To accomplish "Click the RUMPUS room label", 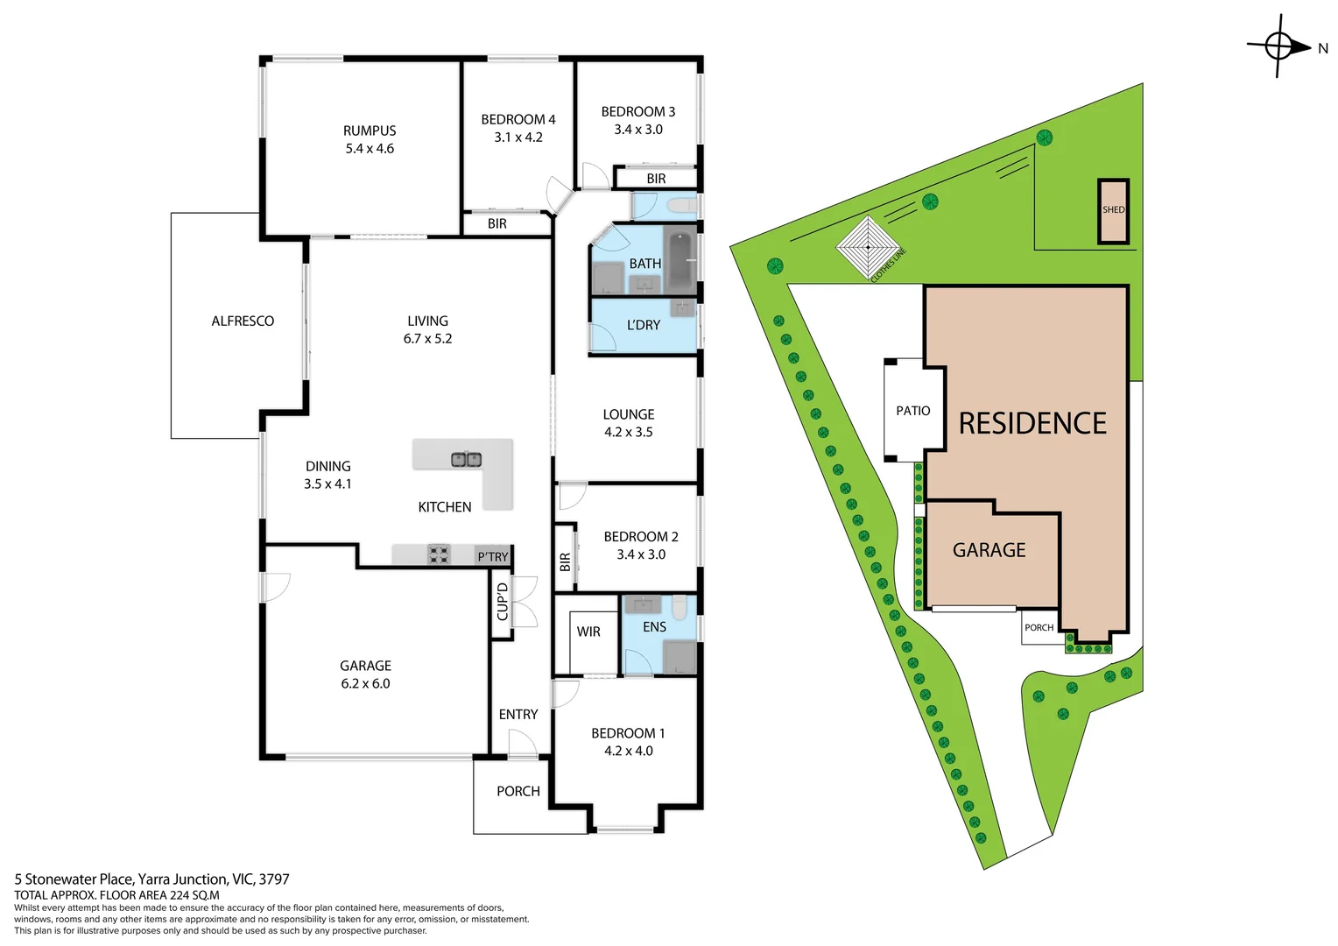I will point(369,131).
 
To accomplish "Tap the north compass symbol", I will point(1278,46).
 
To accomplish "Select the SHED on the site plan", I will point(1113,210).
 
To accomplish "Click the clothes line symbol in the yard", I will point(868,248).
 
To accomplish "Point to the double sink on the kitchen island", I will point(466,459).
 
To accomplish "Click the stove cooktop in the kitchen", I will point(439,554).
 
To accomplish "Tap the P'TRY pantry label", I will point(492,557).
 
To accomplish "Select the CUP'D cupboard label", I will point(502,602).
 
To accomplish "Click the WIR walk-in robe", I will point(588,632).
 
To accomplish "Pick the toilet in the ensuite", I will point(680,606).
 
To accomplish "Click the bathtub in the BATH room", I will point(680,261).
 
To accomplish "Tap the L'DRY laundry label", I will point(644,325).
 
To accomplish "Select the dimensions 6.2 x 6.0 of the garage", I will point(365,684).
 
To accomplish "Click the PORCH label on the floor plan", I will point(518,791).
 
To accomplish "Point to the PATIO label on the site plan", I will point(913,411).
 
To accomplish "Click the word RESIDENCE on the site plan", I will point(1032,424).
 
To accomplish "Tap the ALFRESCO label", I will point(243,321).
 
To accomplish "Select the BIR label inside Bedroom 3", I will point(656,179).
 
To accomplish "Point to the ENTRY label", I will point(518,715).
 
